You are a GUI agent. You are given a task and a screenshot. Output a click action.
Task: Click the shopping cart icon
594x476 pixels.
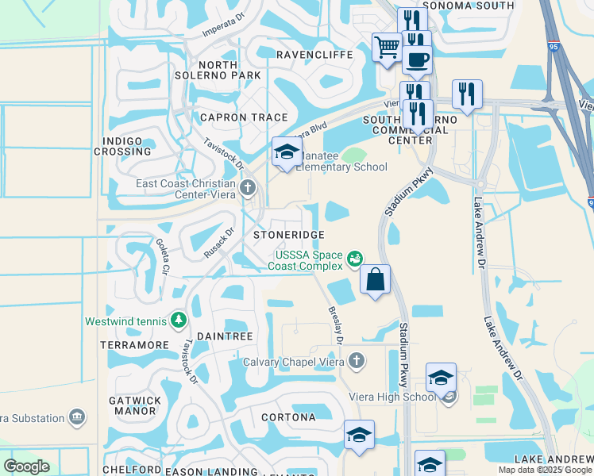387,47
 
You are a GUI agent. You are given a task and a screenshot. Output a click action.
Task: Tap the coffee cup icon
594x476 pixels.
416,59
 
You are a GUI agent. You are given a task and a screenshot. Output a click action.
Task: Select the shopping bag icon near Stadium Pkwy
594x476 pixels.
376,279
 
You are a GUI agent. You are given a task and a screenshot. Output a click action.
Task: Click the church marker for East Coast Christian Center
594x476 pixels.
249,188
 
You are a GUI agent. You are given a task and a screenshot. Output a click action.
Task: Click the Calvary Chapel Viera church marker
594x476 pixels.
356,361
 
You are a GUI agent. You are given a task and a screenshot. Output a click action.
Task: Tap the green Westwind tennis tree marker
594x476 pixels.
179,321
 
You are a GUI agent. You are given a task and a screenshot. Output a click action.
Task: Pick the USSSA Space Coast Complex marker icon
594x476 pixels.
355,258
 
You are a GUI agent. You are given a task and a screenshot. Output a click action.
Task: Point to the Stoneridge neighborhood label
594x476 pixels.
288,236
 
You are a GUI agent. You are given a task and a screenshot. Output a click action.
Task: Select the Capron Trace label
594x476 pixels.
232,117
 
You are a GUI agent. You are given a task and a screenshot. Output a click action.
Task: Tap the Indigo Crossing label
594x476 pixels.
122,146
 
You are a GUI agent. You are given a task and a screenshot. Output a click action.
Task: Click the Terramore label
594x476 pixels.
135,345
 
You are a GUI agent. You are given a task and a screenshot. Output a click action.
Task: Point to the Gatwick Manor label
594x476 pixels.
136,405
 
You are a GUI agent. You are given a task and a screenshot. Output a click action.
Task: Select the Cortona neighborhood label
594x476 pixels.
288,416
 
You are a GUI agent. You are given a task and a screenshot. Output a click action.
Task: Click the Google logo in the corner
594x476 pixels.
26,466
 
